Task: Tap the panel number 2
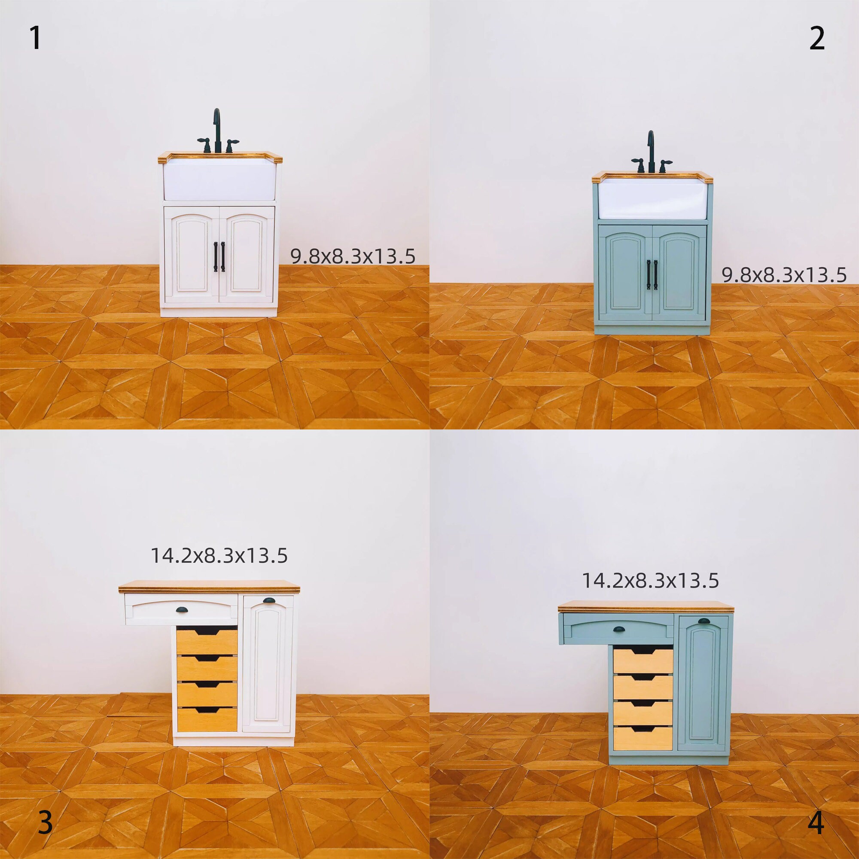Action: coord(817,39)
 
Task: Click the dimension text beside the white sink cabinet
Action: coord(353,256)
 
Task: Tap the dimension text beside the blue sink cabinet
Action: coord(783,275)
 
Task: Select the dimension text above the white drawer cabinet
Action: coord(219,556)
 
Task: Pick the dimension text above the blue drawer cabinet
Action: coord(650,581)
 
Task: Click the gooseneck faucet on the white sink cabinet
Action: coord(216,130)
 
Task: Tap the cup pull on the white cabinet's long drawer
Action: coord(183,609)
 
